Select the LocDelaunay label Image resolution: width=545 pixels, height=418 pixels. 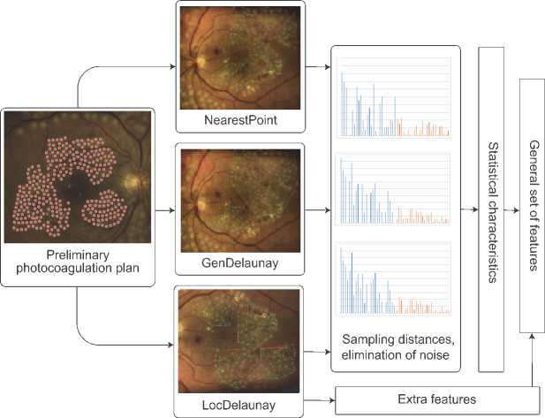[x=240, y=406]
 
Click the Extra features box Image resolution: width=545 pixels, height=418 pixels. [x=436, y=400]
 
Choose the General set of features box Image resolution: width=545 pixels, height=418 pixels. [x=533, y=204]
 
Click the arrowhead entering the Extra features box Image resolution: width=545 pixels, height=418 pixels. [x=331, y=399]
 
